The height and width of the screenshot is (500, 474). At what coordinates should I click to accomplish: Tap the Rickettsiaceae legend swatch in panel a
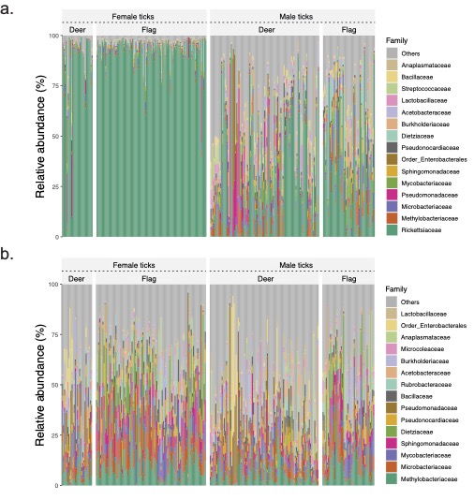tap(392, 229)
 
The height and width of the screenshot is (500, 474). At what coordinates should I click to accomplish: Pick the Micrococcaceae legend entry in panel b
tap(420, 347)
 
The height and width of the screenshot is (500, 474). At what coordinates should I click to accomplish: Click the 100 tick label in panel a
tap(53, 36)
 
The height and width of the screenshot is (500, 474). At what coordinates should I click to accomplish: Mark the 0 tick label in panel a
tap(57, 237)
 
